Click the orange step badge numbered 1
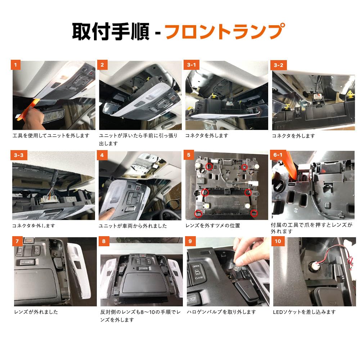[x=15, y=65]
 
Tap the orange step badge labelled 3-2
[x=279, y=65]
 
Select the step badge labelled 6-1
[x=278, y=155]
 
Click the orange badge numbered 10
[x=278, y=241]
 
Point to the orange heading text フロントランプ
[x=225, y=31]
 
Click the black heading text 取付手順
[x=111, y=31]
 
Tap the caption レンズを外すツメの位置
[x=213, y=226]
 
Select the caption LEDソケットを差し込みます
[x=304, y=312]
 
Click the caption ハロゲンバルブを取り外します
[x=221, y=312]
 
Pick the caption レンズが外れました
[x=36, y=312]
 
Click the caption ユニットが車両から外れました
[x=133, y=226]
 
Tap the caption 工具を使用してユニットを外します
[x=51, y=136]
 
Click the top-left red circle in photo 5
[x=209, y=166]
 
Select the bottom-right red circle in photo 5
[x=254, y=213]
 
